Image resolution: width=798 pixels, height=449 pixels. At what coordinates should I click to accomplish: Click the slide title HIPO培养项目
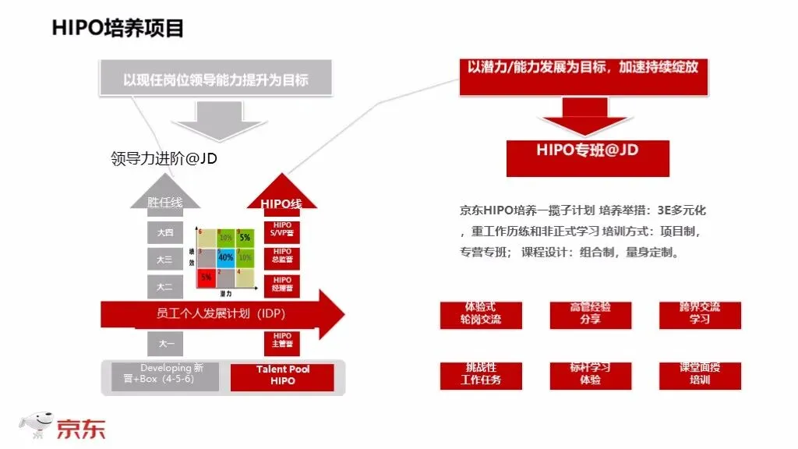[118, 28]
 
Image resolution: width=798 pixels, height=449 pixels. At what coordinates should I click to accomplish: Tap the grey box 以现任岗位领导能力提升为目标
[216, 80]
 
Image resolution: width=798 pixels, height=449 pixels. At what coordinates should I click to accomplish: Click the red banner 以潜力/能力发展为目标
[583, 68]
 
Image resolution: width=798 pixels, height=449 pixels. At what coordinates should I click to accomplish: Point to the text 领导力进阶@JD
[164, 160]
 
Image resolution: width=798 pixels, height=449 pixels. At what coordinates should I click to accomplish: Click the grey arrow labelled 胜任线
[164, 202]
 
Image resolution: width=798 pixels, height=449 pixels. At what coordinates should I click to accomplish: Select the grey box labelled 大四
[164, 232]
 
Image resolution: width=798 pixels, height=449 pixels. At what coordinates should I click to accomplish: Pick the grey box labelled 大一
[164, 342]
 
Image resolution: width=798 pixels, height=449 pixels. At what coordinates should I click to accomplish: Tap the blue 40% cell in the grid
[226, 256]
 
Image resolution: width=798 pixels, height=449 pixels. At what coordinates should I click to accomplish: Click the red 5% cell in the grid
[207, 276]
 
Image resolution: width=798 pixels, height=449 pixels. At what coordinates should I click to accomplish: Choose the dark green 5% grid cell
[245, 237]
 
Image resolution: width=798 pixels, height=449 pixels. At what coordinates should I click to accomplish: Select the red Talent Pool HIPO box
[282, 375]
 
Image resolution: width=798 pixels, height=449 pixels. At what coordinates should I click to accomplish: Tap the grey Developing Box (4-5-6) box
[170, 375]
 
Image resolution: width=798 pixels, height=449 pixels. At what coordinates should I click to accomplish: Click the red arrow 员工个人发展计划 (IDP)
[222, 314]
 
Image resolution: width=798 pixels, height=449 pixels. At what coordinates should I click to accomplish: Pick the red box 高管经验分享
[590, 313]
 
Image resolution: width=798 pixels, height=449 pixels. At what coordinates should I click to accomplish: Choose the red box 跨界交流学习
[699, 313]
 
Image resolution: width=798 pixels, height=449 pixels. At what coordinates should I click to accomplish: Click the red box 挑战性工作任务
[481, 374]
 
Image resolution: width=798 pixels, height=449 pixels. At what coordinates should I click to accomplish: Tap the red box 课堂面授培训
[699, 374]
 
